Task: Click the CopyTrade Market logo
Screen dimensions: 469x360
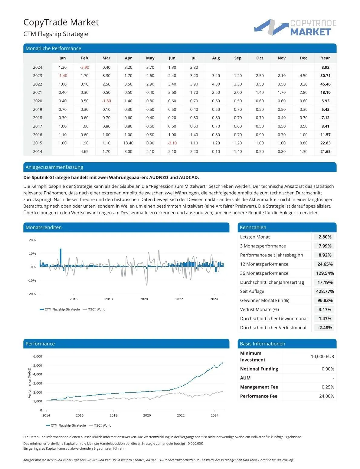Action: click(295, 27)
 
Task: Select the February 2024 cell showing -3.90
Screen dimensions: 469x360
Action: click(84, 67)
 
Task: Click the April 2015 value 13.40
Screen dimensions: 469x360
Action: click(128, 143)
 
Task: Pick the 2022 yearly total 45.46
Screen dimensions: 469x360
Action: click(325, 84)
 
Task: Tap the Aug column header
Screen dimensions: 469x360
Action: click(216, 58)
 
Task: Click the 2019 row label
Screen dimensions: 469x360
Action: click(38, 109)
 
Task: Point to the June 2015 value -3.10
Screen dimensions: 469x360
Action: click(172, 143)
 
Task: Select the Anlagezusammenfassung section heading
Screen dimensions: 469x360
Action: click(54, 167)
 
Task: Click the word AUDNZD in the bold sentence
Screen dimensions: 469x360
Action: click(160, 177)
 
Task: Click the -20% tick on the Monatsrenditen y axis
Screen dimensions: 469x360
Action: click(32, 294)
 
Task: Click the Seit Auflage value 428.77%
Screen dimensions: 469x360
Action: click(325, 291)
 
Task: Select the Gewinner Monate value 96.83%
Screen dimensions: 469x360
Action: click(325, 300)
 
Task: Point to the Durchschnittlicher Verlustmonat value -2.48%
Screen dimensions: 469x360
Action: click(325, 328)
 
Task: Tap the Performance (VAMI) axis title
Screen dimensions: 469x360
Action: click(29, 383)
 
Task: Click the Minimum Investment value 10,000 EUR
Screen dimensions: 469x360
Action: click(322, 356)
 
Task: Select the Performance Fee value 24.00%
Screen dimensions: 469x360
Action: click(326, 396)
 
